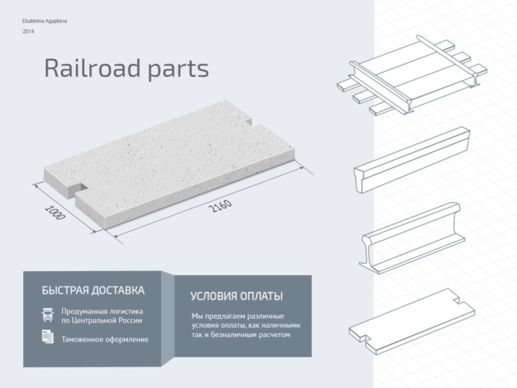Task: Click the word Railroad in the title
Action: (x=92, y=69)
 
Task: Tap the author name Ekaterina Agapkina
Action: (x=45, y=21)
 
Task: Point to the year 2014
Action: (x=28, y=32)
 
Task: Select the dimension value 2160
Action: (x=220, y=206)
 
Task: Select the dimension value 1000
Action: (x=55, y=213)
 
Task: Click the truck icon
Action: (x=48, y=314)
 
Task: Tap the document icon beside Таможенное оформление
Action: (x=48, y=336)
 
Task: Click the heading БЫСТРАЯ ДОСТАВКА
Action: (x=93, y=290)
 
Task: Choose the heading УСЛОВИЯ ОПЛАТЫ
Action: (x=237, y=296)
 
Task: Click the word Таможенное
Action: (x=81, y=339)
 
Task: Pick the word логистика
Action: (x=126, y=312)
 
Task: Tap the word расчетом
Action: (x=274, y=335)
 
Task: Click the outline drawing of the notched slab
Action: (x=412, y=321)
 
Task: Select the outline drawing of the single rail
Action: (x=412, y=238)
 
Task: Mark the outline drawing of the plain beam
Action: (x=412, y=160)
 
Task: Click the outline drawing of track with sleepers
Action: (x=412, y=75)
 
